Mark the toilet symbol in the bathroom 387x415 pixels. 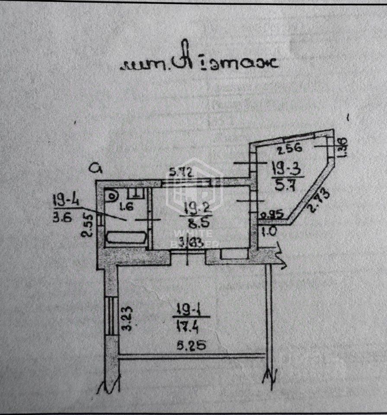tap(113, 196)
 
